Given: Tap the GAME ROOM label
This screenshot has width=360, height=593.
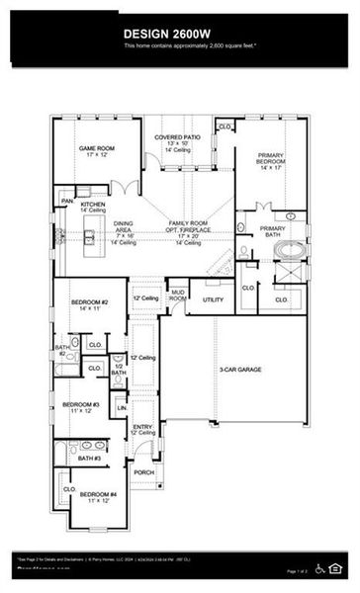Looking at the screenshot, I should pos(98,149).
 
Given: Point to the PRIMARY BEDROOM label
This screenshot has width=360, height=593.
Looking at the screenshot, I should pos(272,160).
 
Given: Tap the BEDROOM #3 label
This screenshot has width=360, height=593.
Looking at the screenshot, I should pos(80,405).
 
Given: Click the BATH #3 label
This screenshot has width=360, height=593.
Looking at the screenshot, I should pos(90,458).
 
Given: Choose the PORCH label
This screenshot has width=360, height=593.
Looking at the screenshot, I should pos(144,471).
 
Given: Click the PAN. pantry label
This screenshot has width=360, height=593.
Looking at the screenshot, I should pos(67,202).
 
